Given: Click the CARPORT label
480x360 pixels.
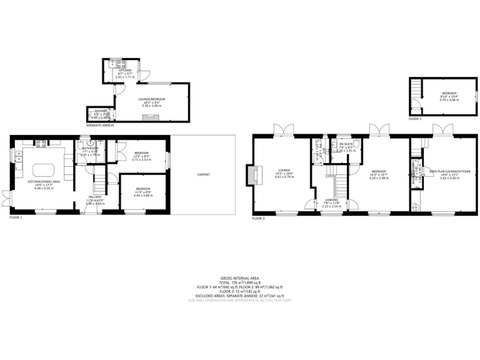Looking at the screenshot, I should pos(203,174).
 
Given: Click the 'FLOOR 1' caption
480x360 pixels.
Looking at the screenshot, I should pos(16,217).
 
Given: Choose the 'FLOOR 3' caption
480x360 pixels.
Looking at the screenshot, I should pos(415,118).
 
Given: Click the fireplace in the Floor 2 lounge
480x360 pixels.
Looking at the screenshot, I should pos(252,175).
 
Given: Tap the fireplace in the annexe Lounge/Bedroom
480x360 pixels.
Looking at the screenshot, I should pos(147,116).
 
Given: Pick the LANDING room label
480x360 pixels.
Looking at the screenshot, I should pos(331,202).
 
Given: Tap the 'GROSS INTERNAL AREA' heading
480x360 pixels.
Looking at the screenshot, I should pos(239,277).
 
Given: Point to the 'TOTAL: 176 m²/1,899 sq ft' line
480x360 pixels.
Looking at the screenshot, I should pos(239,282).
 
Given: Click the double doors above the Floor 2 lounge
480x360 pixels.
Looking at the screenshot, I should pos(284,130).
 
